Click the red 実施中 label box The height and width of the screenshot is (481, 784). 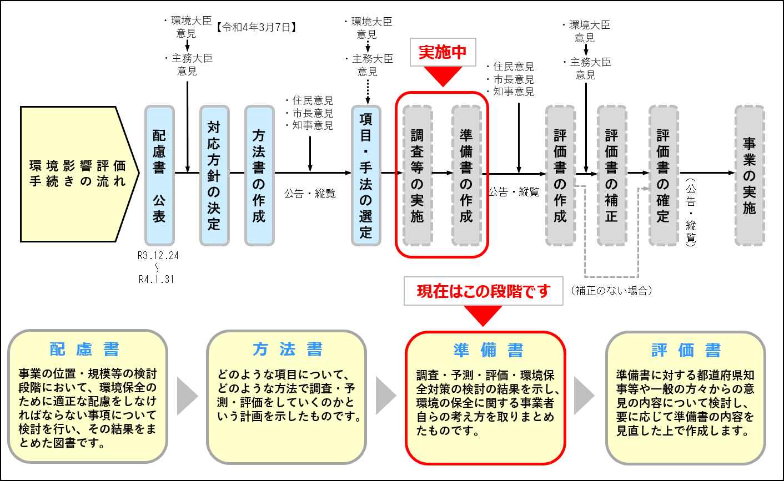coord(443,52)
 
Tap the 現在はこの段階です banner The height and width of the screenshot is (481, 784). coord(483,291)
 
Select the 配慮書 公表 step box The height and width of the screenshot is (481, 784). coord(159,175)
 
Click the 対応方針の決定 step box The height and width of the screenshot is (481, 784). coord(214,175)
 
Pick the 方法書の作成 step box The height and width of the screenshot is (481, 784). coord(259,175)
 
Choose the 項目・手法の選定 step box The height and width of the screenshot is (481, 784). coord(366,175)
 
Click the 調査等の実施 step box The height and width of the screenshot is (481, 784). coord(418,175)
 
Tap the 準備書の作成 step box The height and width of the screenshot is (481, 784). coord(466,175)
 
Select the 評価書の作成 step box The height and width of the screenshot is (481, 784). coord(560,175)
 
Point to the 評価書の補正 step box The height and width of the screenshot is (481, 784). coord(612,175)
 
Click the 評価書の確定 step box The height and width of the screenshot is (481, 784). coord(664,175)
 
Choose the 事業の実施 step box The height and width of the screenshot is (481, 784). coord(750,175)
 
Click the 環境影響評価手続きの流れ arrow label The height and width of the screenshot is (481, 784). coord(78,174)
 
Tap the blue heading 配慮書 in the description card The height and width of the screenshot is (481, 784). coord(85,349)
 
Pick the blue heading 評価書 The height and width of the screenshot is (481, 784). coord(686,350)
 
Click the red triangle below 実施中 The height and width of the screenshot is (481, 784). coord(443,75)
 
